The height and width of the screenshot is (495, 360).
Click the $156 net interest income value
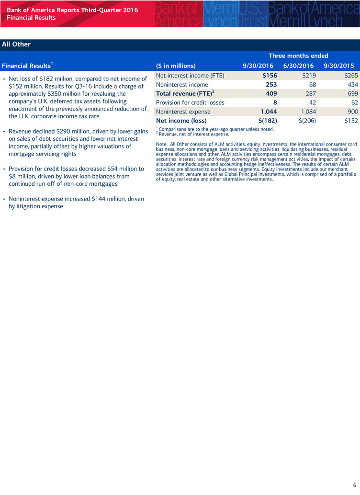click(270, 76)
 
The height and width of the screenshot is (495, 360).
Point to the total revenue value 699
click(352, 93)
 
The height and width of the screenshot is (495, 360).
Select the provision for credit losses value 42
click(313, 102)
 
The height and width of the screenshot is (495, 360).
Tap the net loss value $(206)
click(305, 121)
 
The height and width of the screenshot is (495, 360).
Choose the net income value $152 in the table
click(351, 121)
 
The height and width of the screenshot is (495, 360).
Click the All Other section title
click(16, 45)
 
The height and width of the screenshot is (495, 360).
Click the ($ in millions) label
click(176, 66)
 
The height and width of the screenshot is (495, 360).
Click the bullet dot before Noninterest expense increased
click(4, 199)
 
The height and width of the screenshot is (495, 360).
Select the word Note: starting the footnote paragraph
click(163, 145)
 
